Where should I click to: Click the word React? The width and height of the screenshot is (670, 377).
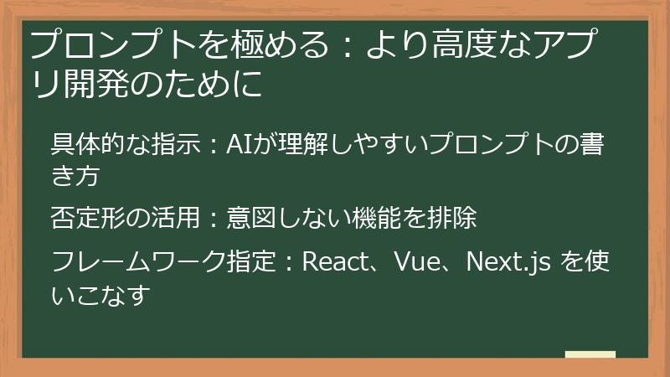pos(336,262)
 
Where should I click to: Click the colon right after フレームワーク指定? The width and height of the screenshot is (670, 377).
pos(286,264)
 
